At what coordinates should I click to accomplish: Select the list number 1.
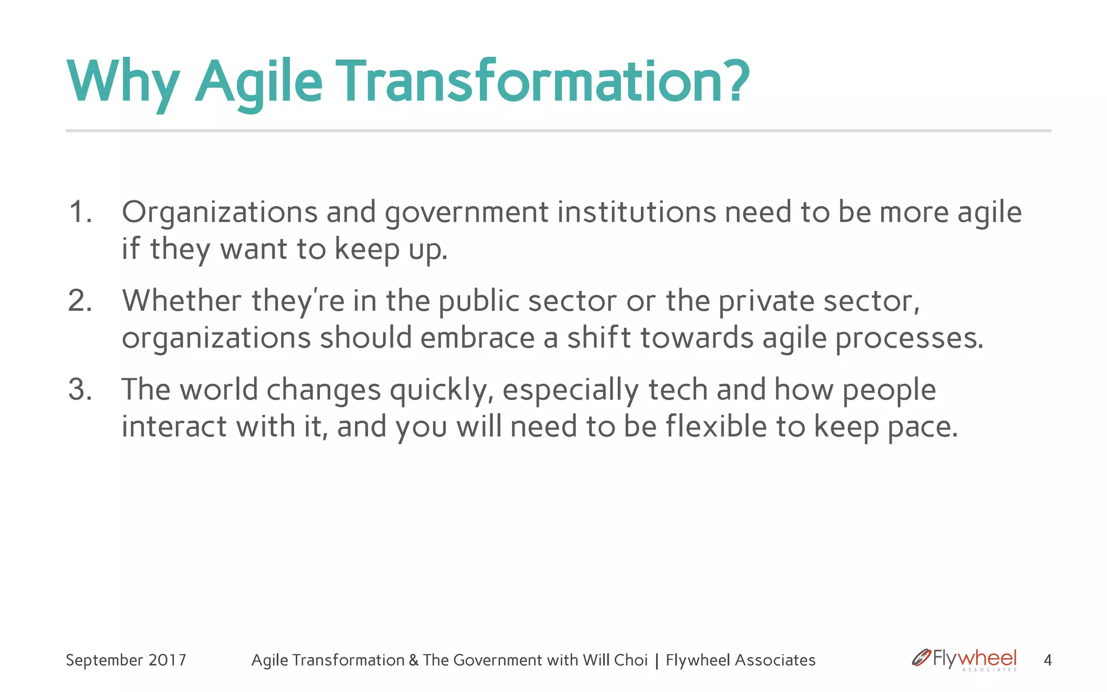[79, 212]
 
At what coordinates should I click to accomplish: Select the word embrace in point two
[477, 338]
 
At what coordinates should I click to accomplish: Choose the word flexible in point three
[716, 427]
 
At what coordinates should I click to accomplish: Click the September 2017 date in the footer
[126, 660]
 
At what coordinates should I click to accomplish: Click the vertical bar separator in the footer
[657, 661]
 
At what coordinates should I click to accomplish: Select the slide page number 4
[1048, 660]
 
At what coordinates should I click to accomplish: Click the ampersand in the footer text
[414, 660]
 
